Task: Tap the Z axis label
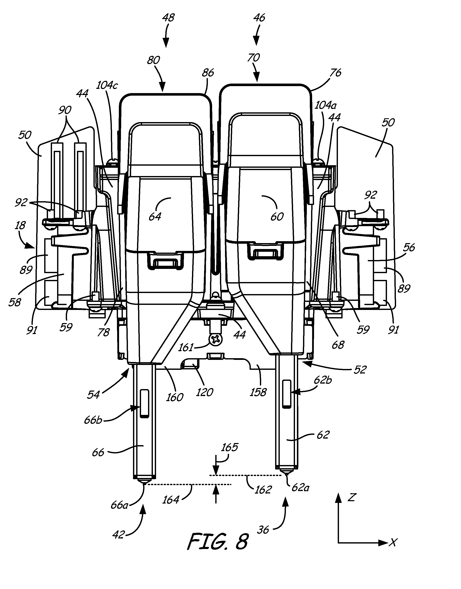coord(351,497)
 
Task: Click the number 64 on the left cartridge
coord(155,216)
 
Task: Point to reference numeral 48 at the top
coord(168,18)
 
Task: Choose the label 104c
coord(107,85)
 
